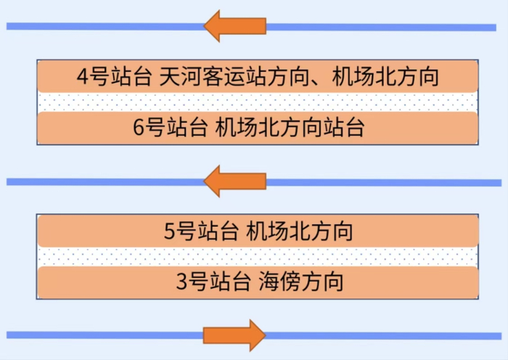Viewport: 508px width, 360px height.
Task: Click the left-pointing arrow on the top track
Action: [x=234, y=26]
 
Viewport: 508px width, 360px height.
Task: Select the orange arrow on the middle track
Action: [x=234, y=181]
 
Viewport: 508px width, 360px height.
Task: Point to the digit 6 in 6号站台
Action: [x=140, y=128]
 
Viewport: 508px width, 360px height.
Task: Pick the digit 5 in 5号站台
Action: [x=171, y=232]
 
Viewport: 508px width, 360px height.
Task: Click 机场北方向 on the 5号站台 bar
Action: [x=300, y=232]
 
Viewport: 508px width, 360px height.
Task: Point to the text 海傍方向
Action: [x=300, y=282]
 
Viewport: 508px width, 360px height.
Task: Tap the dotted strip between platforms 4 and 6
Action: [x=258, y=102]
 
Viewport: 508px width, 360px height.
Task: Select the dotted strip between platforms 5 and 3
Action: [x=258, y=257]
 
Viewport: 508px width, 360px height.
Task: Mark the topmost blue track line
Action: [x=109, y=27]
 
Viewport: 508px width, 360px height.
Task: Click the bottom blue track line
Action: [x=109, y=335]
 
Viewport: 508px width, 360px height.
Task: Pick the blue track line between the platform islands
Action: [x=109, y=181]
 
